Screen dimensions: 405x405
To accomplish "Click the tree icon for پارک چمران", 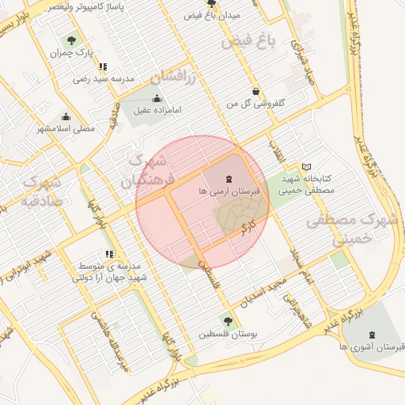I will (x=72, y=40).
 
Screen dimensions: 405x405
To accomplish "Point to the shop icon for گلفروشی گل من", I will (x=255, y=91).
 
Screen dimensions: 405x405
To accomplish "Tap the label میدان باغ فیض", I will (x=211, y=15).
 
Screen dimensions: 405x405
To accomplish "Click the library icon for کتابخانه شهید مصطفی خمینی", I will (x=307, y=167).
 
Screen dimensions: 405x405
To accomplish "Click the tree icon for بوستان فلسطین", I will (x=229, y=320).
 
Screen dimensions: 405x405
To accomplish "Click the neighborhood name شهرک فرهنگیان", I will (x=145, y=172).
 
